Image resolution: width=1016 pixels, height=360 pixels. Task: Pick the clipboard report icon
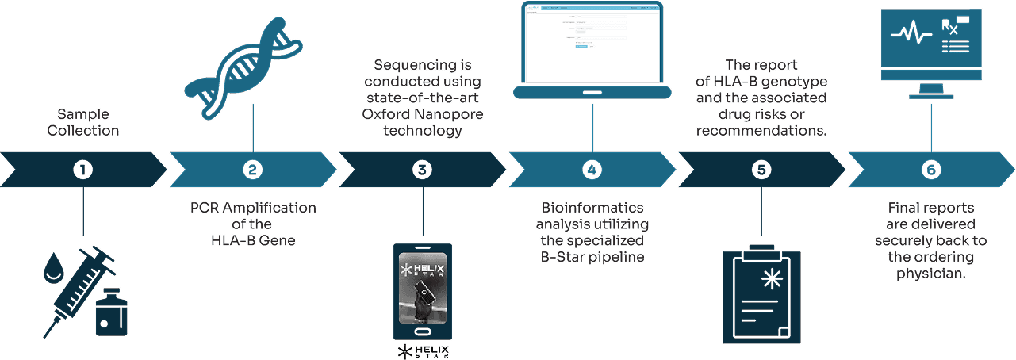[x=761, y=293]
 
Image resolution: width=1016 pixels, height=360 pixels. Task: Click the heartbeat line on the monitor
[x=908, y=35]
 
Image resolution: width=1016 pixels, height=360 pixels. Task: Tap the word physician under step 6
[x=931, y=274]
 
